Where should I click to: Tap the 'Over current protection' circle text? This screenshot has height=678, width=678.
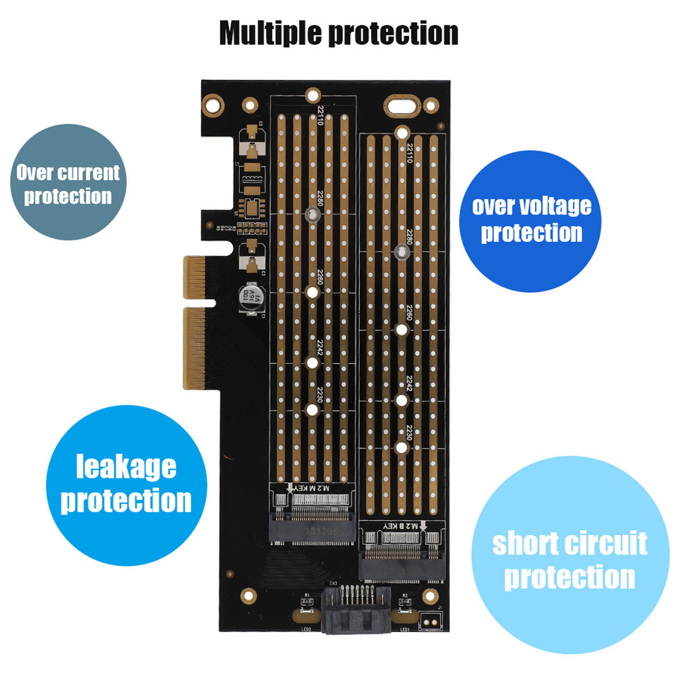pyautogui.click(x=68, y=184)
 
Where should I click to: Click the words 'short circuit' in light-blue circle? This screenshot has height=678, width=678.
pyautogui.click(x=570, y=544)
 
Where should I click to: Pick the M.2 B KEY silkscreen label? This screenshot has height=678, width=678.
pyautogui.click(x=401, y=526)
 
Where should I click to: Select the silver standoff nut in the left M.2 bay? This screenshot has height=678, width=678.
pyautogui.click(x=312, y=214)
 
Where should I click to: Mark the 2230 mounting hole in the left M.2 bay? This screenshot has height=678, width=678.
pyautogui.click(x=312, y=410)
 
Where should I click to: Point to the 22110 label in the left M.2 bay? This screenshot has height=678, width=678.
pyautogui.click(x=321, y=115)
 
